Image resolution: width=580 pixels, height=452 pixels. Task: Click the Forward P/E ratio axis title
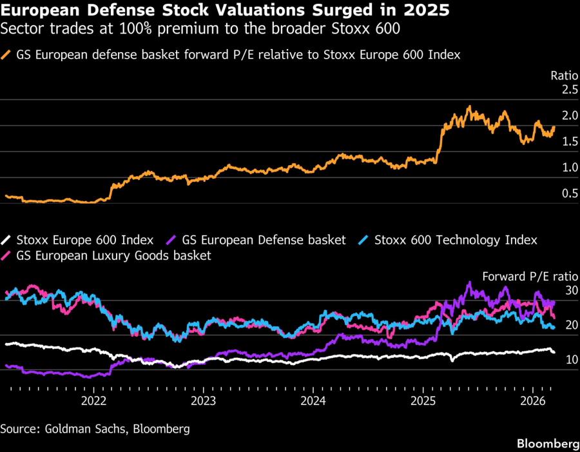coord(530,276)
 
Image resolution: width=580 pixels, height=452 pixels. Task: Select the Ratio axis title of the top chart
coord(565,75)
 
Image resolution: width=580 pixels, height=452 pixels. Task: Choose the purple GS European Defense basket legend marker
coord(171,241)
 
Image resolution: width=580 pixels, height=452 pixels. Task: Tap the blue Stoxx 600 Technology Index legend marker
coord(363,241)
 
